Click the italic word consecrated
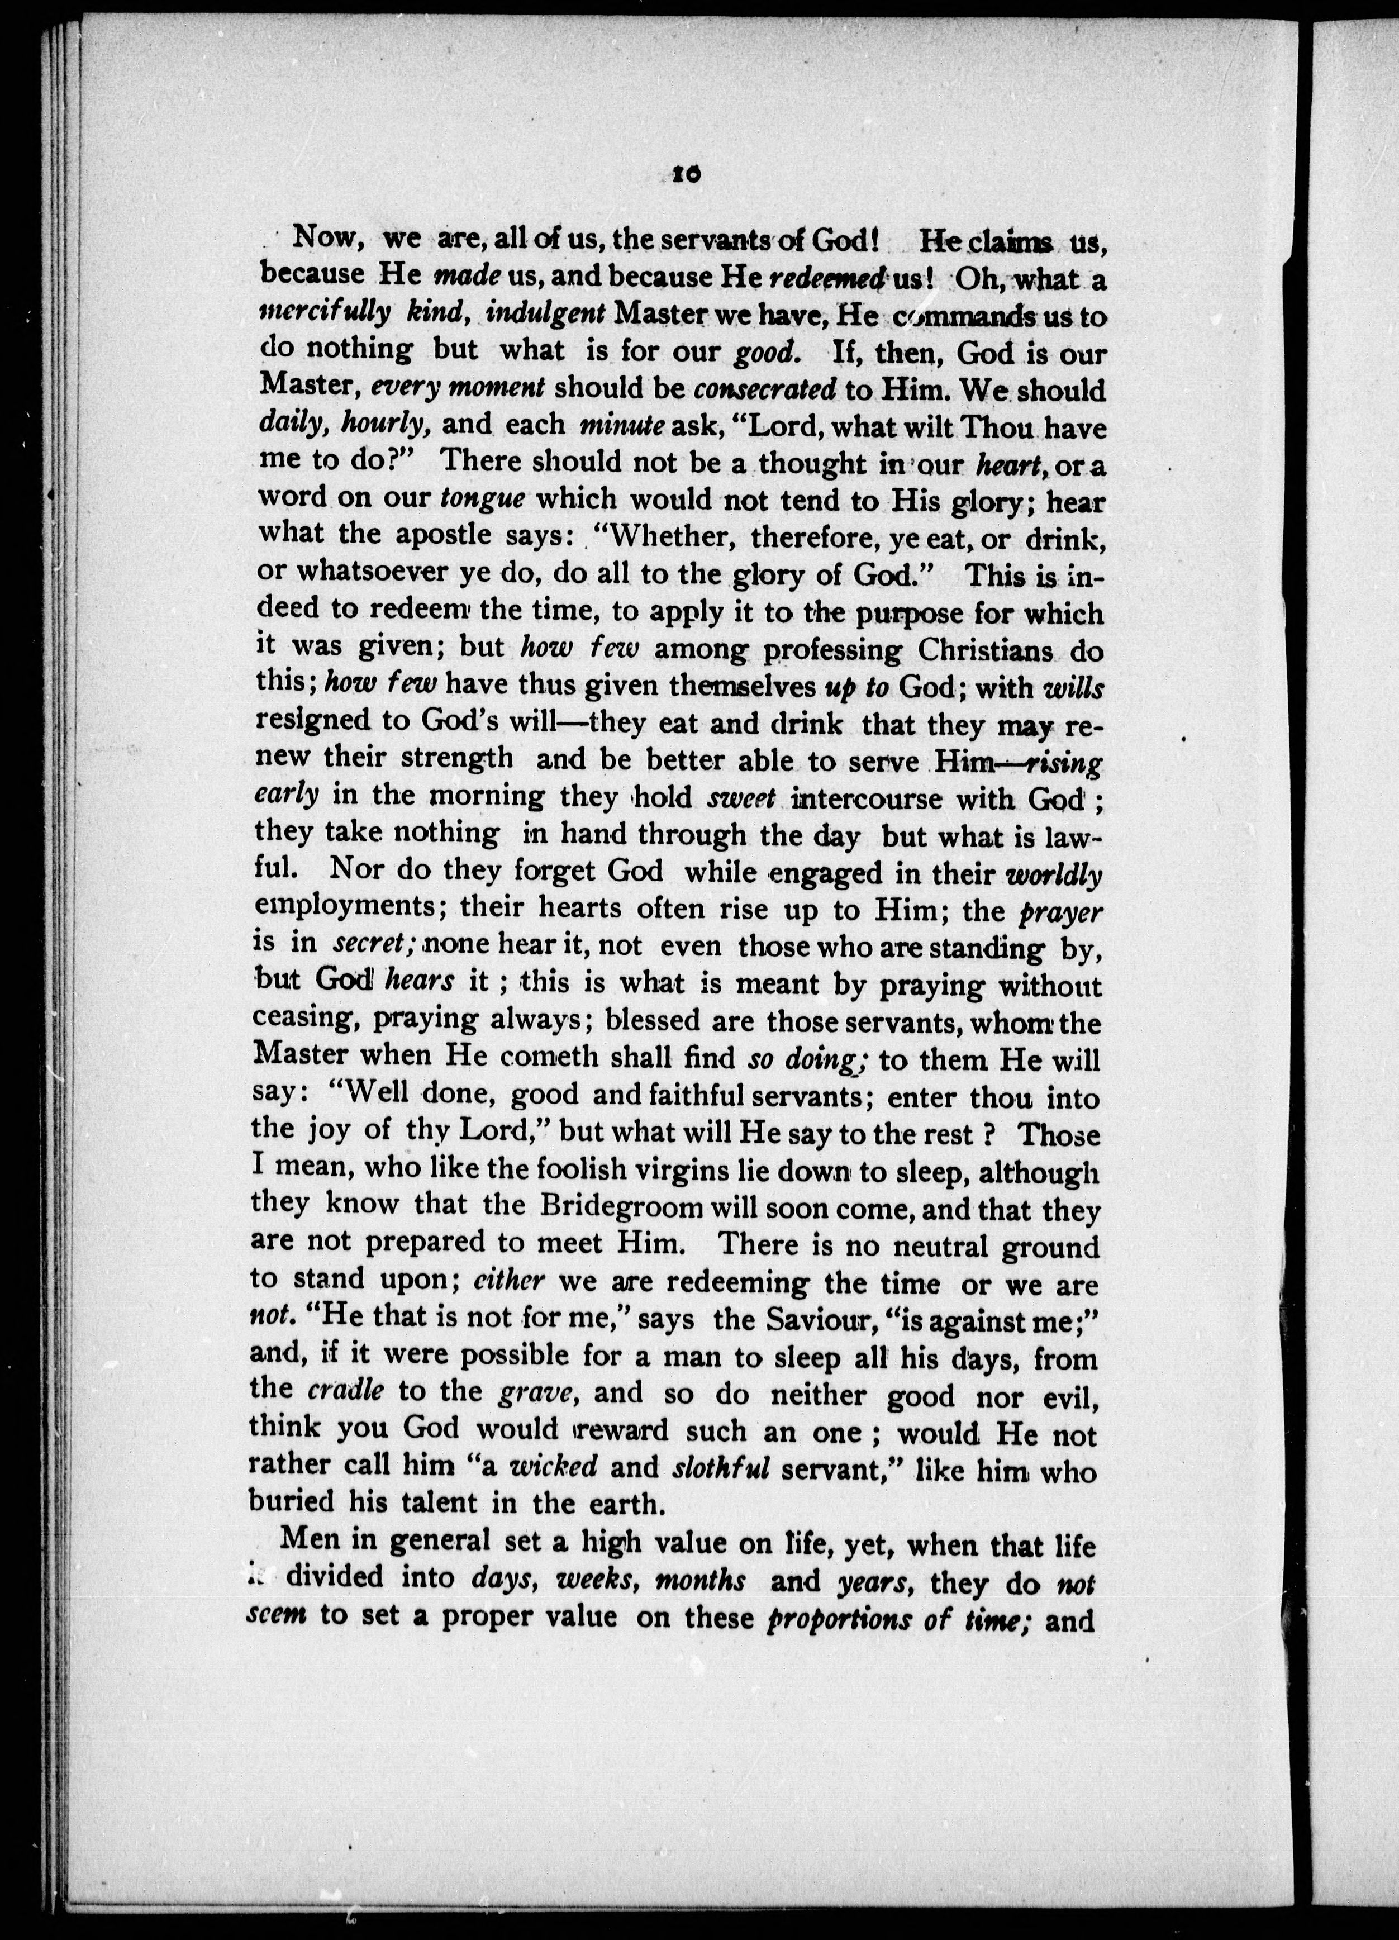(x=764, y=389)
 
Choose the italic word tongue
(x=482, y=498)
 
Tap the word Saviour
(x=812, y=1320)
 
